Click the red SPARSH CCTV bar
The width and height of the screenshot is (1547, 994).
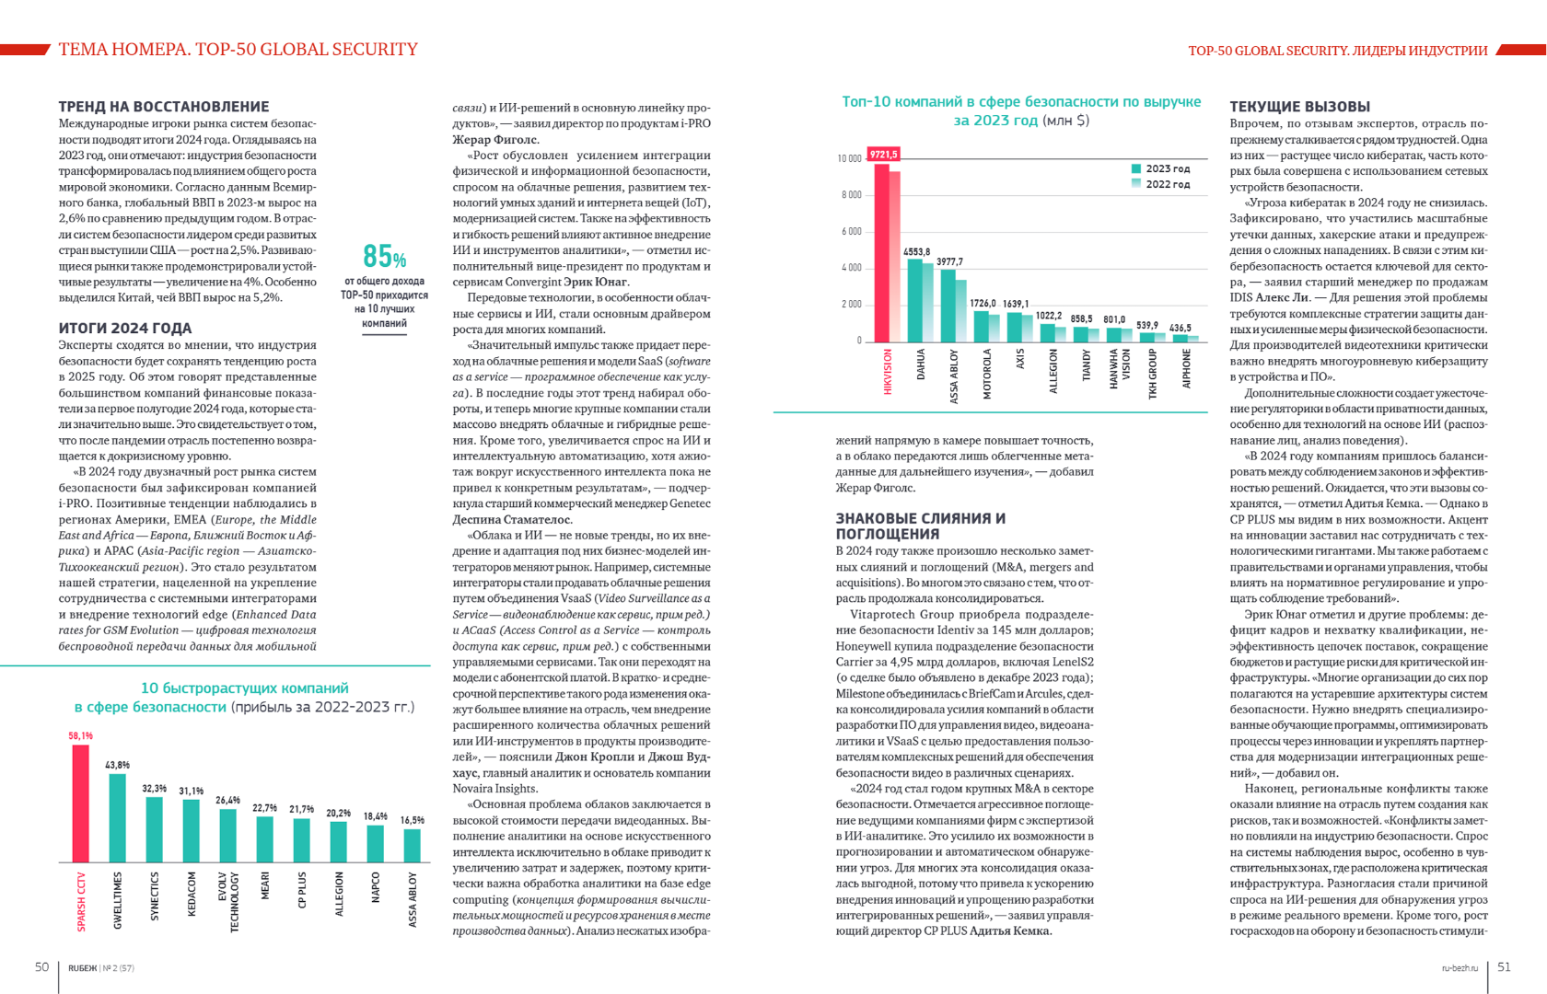pyautogui.click(x=81, y=803)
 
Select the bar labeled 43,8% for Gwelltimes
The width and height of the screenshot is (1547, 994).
pyautogui.click(x=118, y=817)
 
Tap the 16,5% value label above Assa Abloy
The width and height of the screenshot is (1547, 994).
pyautogui.click(x=413, y=820)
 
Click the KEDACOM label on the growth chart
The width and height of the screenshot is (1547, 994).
pyautogui.click(x=192, y=894)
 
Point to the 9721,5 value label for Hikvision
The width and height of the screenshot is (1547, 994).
pyautogui.click(x=883, y=155)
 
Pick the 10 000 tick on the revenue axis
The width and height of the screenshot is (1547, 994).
pyautogui.click(x=849, y=159)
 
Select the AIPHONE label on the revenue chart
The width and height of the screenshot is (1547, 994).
pyautogui.click(x=1186, y=368)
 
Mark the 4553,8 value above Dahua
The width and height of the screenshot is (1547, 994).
pyautogui.click(x=916, y=252)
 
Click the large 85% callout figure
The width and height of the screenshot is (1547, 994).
pyautogui.click(x=384, y=256)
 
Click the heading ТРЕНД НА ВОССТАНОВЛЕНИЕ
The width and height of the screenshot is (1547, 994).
pyautogui.click(x=164, y=107)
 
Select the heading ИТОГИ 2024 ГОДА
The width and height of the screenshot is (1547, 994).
pyautogui.click(x=125, y=329)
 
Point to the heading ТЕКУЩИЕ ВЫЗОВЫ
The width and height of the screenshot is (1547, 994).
pyautogui.click(x=1299, y=107)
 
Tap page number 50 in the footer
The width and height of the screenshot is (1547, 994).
pyautogui.click(x=41, y=966)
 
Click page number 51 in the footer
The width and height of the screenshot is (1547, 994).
pyautogui.click(x=1504, y=966)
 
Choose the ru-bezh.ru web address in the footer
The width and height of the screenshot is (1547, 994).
pyautogui.click(x=1460, y=968)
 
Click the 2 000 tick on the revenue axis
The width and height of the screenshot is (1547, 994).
pyautogui.click(x=851, y=305)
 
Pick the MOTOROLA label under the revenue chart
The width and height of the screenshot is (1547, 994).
pyautogui.click(x=987, y=373)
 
